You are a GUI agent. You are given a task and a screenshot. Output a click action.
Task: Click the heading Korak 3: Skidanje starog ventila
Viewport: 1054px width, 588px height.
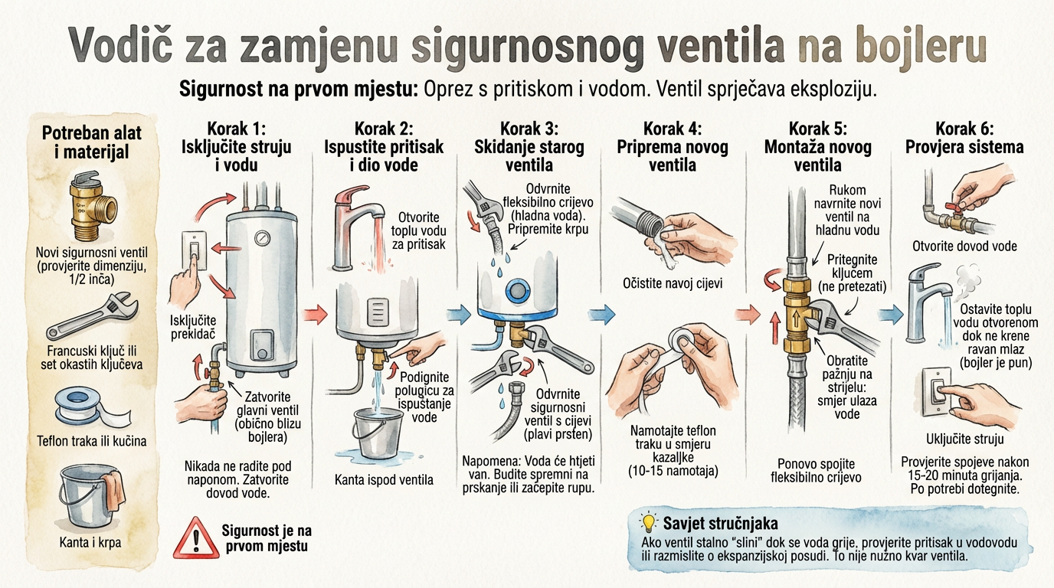(x=529, y=146)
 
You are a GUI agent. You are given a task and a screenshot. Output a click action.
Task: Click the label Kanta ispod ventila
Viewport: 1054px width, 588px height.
(x=384, y=480)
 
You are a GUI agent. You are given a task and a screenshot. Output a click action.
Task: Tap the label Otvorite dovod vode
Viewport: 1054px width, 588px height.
(x=964, y=246)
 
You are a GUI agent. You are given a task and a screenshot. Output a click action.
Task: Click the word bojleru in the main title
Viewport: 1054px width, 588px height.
(x=911, y=47)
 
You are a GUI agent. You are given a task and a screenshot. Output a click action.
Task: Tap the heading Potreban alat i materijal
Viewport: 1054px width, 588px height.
(x=92, y=142)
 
